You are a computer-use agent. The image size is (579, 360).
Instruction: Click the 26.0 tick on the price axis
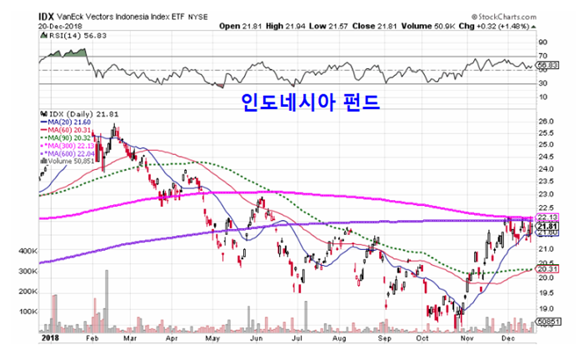coord(545,122)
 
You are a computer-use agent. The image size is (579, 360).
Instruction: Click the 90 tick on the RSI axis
coord(542,41)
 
